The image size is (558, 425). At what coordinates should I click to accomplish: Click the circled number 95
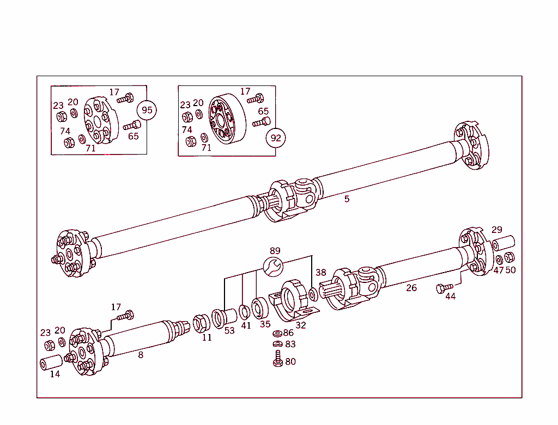[x=147, y=110]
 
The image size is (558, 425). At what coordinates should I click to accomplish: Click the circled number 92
[x=276, y=138]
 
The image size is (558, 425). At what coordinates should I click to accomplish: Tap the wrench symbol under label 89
[x=272, y=266]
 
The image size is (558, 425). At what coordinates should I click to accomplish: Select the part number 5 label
[x=347, y=199]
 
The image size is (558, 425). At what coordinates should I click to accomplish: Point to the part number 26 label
[x=411, y=288]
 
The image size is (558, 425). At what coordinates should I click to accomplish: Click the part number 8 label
[x=141, y=355]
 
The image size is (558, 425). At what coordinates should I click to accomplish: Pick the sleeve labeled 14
[x=51, y=363]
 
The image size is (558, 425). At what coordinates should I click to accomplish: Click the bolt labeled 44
[x=445, y=288]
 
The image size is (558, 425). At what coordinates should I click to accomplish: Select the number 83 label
[x=290, y=344]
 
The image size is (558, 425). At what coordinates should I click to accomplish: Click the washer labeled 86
[x=277, y=333]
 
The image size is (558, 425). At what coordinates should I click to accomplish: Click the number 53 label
[x=229, y=331]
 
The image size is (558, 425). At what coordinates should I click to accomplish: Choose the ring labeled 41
[x=245, y=312]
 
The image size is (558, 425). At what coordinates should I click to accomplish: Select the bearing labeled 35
[x=260, y=308]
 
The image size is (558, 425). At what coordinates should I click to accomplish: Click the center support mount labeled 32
[x=293, y=300]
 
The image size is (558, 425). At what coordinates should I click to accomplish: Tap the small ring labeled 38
[x=312, y=295]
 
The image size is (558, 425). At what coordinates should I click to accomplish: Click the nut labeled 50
[x=509, y=257]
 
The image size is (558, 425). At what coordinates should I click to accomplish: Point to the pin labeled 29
[x=504, y=242]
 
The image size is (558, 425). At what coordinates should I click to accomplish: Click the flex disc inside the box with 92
[x=224, y=120]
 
